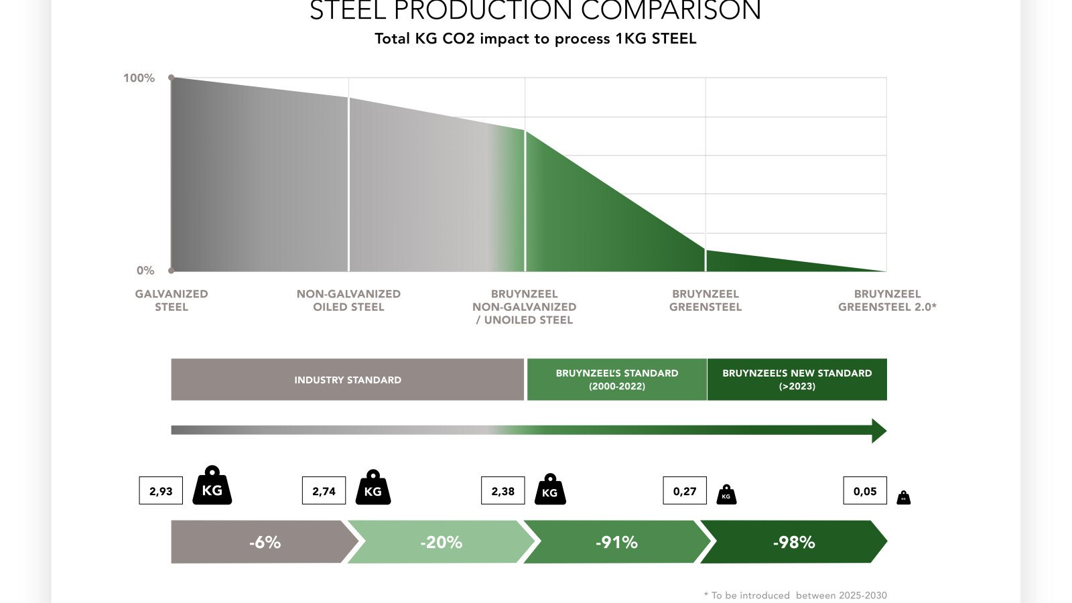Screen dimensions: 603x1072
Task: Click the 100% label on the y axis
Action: click(139, 78)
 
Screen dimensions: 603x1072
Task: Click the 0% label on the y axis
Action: click(145, 271)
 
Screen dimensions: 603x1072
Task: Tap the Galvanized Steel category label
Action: click(172, 300)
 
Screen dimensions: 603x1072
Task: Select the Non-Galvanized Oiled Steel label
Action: click(348, 300)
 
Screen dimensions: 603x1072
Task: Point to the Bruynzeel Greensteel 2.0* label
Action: click(887, 300)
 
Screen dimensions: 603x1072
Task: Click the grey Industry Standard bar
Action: click(347, 379)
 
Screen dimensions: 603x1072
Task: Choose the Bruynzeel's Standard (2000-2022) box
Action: click(616, 379)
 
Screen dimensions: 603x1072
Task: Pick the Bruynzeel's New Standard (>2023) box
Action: click(797, 379)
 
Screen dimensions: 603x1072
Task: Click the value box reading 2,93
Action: click(161, 491)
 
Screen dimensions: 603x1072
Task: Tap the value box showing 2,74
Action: click(324, 491)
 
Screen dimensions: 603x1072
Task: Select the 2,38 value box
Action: click(503, 491)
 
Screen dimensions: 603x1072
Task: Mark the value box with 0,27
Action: click(685, 491)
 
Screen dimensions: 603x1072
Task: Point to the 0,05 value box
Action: click(864, 491)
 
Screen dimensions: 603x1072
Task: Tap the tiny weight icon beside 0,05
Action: click(903, 497)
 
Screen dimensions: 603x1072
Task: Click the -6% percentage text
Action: click(265, 542)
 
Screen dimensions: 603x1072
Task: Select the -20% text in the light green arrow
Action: click(441, 542)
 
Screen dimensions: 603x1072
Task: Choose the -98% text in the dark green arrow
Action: click(793, 542)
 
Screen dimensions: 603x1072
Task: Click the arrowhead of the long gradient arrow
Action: click(878, 430)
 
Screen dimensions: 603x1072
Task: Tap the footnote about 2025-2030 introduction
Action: click(795, 595)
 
